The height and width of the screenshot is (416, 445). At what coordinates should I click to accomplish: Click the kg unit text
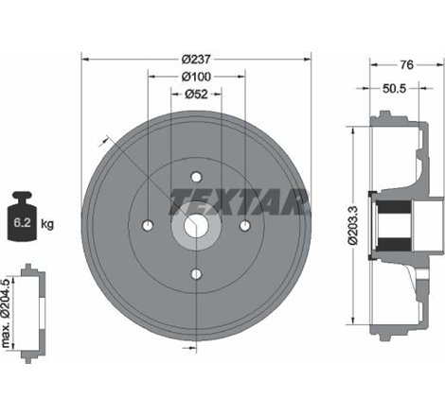click(x=48, y=224)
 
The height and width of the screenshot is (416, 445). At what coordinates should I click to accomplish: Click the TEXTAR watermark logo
click(x=239, y=201)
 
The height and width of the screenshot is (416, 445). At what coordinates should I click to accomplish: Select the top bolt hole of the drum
click(x=196, y=176)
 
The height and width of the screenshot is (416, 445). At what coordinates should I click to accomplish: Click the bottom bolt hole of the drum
click(x=196, y=274)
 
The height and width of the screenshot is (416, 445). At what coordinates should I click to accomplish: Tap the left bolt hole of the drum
click(x=147, y=225)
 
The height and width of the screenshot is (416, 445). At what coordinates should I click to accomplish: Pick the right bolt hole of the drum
click(x=244, y=225)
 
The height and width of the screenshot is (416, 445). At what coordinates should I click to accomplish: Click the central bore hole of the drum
click(x=196, y=225)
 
